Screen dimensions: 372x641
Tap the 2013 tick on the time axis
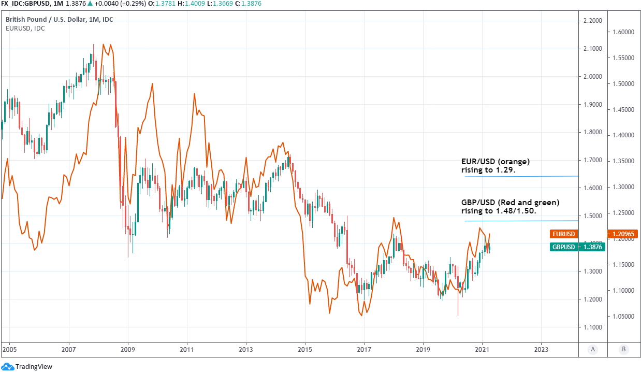pos(246,350)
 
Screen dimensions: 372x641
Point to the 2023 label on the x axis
pos(541,350)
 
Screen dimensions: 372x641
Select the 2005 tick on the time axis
pos(9,350)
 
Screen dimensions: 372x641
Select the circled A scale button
pos(592,350)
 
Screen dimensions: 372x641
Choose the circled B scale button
pos(624,350)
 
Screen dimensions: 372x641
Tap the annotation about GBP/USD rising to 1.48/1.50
pos(510,207)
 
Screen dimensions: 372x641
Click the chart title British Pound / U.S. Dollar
pos(60,20)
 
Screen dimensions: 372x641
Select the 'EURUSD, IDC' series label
pos(25,28)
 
